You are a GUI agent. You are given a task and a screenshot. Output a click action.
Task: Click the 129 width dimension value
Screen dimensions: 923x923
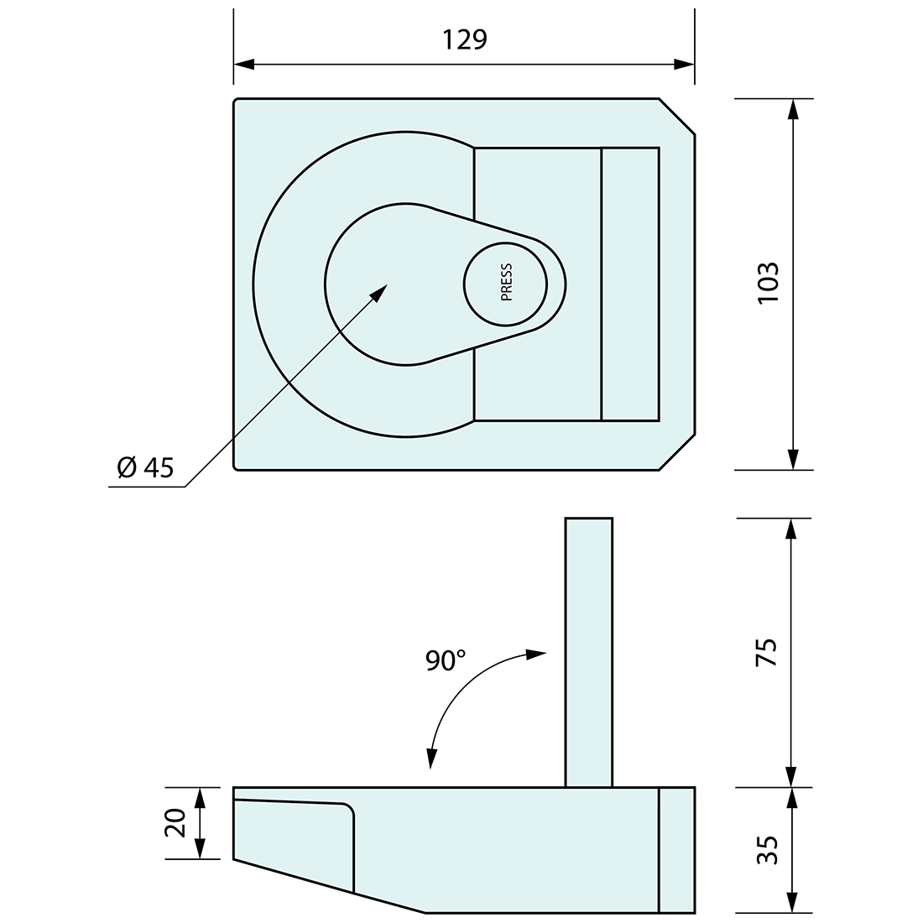point(463,39)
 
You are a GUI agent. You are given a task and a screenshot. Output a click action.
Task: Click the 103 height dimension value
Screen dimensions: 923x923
point(768,284)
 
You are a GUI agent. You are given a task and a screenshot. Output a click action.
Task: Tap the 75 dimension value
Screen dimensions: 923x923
point(768,652)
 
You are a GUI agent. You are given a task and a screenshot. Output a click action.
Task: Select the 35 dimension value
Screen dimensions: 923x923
point(768,849)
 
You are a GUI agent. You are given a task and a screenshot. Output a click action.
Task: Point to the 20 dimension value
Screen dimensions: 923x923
point(175,823)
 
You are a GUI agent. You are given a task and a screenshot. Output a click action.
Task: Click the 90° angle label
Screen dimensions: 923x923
point(445,660)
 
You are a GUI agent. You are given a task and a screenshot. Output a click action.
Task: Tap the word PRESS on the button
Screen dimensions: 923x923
point(506,284)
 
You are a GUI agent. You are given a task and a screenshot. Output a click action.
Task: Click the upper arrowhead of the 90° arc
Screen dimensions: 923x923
point(536,654)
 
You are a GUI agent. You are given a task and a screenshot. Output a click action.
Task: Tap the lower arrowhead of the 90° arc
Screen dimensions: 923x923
point(431,758)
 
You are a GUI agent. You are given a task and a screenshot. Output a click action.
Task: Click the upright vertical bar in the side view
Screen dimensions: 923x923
point(588,652)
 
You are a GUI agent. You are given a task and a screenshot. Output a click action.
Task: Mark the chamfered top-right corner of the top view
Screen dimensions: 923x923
point(677,116)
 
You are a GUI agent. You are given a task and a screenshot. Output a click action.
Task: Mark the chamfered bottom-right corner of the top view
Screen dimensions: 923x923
point(677,452)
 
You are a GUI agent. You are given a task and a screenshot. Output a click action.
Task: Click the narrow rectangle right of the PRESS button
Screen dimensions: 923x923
point(630,284)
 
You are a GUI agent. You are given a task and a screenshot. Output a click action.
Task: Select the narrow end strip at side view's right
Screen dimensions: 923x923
point(677,849)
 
